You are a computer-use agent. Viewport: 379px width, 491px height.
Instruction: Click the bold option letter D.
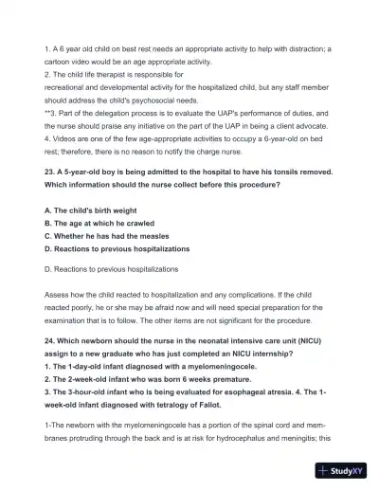pyautogui.click(x=47, y=249)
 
